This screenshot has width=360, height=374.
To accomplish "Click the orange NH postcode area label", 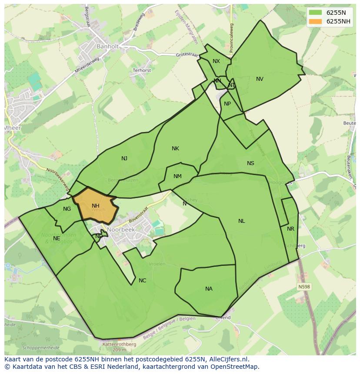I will [96, 206].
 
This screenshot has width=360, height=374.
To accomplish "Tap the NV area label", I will [260, 79].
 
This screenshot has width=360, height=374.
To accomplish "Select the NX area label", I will [216, 61].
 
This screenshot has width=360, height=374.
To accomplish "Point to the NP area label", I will [227, 104].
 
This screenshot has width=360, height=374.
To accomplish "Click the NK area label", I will [175, 149].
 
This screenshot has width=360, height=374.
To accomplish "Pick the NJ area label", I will [124, 159].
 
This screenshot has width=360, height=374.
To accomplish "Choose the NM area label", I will [177, 176].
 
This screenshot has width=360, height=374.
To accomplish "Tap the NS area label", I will [250, 163].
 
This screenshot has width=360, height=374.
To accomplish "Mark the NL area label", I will [241, 221].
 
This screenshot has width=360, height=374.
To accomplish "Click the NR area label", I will [290, 229].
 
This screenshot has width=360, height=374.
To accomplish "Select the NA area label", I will [209, 289].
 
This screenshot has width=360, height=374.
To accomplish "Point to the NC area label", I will [142, 281].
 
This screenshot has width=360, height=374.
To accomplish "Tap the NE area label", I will [57, 238].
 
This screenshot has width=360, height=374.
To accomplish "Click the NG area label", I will [67, 209].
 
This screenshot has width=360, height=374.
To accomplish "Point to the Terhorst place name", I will [142, 70].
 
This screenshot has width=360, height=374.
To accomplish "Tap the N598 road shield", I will [304, 287].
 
